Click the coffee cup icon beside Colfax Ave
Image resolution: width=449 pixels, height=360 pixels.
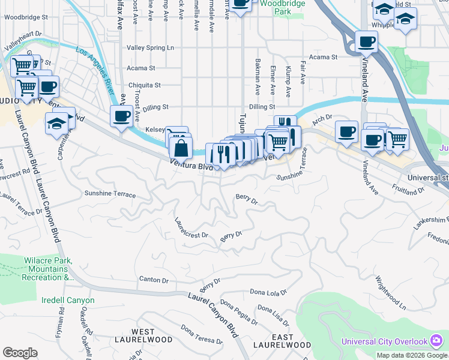121,115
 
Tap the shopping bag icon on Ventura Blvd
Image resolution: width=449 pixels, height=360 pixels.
180,148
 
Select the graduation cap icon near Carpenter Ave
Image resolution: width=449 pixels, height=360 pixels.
56,124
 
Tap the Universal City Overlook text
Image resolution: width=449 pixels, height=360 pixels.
384,341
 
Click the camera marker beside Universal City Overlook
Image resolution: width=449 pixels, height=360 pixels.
436,341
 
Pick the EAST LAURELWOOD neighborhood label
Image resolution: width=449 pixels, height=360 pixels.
282,341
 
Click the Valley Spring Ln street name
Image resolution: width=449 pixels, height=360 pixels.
150,47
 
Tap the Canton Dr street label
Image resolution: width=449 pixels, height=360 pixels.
154,280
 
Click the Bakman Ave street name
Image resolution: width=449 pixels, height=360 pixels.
258,81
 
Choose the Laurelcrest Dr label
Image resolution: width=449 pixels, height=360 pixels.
191,231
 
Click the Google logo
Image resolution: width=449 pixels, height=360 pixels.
20,353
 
